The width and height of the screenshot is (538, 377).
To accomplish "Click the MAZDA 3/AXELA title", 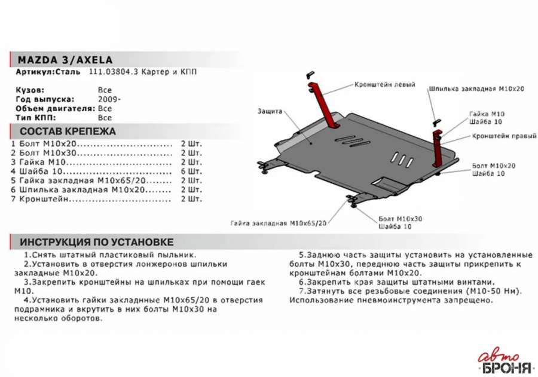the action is (65, 60).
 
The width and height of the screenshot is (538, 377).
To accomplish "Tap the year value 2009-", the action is (109, 100).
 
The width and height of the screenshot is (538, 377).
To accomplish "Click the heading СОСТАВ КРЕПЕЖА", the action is (68, 131).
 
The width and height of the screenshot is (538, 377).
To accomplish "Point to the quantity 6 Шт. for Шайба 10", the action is (191, 171).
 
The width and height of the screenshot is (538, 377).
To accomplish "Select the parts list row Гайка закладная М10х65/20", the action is (91, 180).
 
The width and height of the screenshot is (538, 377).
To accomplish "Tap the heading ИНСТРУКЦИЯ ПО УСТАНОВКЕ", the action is (96, 242).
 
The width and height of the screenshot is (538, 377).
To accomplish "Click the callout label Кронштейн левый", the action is (384, 85).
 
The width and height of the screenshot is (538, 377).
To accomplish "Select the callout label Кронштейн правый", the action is (504, 136).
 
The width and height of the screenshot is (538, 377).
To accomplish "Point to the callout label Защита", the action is (270, 112).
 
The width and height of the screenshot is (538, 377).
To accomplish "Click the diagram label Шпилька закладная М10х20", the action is (476, 89).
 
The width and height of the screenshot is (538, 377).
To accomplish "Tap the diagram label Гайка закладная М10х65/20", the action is (278, 223).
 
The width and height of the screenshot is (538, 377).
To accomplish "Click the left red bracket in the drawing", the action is (323, 105).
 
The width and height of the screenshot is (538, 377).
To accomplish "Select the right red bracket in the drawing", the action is (438, 149).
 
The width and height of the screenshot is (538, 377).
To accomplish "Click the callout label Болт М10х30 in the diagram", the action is (400, 219).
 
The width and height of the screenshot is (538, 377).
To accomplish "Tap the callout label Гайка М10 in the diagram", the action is (487, 114).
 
